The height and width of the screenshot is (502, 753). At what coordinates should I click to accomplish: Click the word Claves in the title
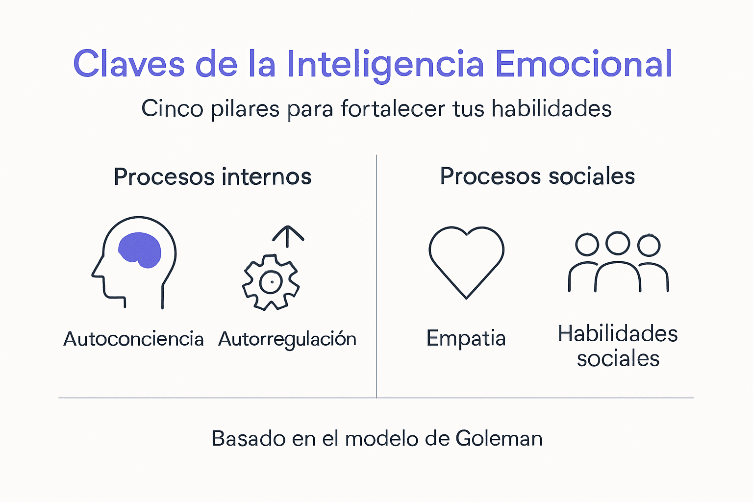pos(129,64)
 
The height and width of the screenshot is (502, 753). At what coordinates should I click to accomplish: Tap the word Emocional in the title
pos(583,64)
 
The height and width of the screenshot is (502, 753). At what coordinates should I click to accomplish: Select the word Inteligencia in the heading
pos(385,65)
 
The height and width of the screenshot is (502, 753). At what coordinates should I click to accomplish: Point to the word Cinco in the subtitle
pos(172,108)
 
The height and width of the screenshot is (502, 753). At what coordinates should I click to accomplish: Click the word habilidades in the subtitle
pos(552,108)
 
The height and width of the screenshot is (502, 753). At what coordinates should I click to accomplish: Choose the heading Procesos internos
pos(212,176)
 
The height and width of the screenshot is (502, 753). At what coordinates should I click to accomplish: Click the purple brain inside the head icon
pos(140,250)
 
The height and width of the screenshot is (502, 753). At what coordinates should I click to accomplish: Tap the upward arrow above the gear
pos(288,235)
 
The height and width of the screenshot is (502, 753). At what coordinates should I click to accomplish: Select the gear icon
pos(271,282)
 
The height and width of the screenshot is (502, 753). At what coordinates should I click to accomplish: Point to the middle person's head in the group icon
pos(618,243)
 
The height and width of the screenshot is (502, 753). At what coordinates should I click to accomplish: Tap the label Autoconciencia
pos(133,339)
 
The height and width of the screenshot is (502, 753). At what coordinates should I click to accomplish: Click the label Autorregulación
pos(287,339)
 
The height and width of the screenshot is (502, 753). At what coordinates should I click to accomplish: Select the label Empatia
pos(466,338)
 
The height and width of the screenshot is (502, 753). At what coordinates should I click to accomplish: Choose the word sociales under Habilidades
pos(618,358)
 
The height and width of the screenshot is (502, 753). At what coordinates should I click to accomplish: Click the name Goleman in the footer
pos(499,438)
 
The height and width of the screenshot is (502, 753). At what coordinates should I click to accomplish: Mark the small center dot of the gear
pos(271,282)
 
